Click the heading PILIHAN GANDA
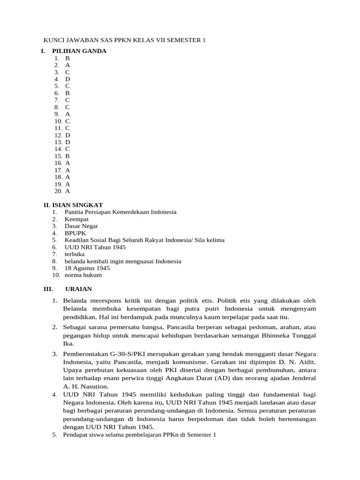(x=79, y=51)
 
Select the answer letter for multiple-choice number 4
(x=67, y=79)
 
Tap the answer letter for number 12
(x=68, y=135)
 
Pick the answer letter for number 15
(x=67, y=156)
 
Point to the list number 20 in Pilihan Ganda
(x=58, y=191)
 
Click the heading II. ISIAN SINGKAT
(x=73, y=205)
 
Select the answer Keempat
(x=76, y=219)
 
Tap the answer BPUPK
(x=75, y=233)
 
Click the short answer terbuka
(x=75, y=254)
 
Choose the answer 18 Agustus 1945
(x=87, y=268)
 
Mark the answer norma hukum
(x=83, y=275)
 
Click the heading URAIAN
(x=79, y=289)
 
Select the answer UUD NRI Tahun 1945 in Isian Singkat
(x=95, y=247)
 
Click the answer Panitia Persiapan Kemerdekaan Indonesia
(x=120, y=212)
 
